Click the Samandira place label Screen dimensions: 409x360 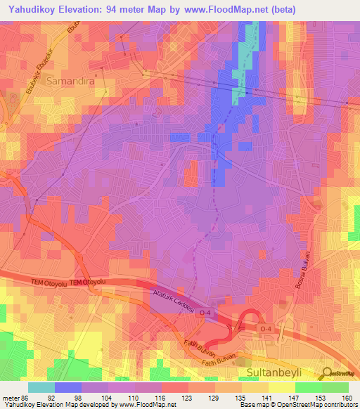(x=69, y=82)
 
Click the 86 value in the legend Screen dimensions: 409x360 (x=25, y=397)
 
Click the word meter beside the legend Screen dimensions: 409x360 (x=11, y=397)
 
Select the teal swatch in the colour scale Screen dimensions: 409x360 (x=41, y=387)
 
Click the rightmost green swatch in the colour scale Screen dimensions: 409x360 (x=335, y=387)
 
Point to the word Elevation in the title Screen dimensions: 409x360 (x=84, y=10)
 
